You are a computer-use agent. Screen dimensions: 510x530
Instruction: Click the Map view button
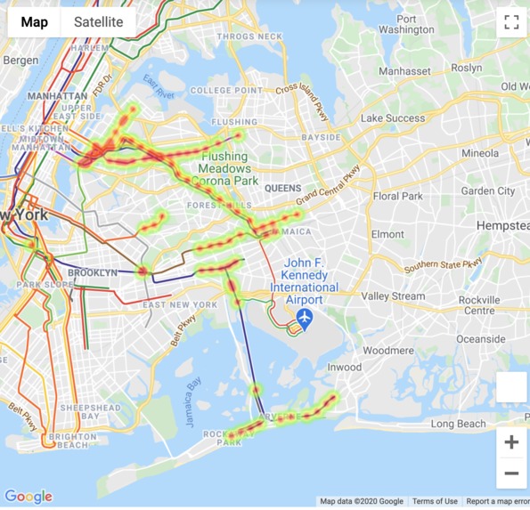(x=35, y=22)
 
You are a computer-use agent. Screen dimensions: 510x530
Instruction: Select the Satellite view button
(x=99, y=22)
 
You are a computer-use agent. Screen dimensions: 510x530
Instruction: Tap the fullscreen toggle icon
(x=511, y=23)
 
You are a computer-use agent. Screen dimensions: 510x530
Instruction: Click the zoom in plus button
(x=511, y=442)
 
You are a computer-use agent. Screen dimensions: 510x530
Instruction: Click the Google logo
(x=29, y=497)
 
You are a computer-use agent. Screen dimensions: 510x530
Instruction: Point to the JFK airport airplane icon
(x=306, y=317)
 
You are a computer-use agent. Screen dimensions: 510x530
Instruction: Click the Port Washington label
(x=406, y=24)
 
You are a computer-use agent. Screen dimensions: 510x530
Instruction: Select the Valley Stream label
(x=394, y=296)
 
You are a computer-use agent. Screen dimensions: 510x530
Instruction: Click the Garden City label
(x=488, y=190)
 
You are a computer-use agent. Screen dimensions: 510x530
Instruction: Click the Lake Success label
(x=393, y=117)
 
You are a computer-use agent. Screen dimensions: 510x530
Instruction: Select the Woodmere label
(x=387, y=350)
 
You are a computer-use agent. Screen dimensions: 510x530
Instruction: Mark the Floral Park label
(x=398, y=196)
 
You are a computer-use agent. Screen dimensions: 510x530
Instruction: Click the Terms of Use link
(x=435, y=502)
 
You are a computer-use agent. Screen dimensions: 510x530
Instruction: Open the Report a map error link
(x=497, y=502)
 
